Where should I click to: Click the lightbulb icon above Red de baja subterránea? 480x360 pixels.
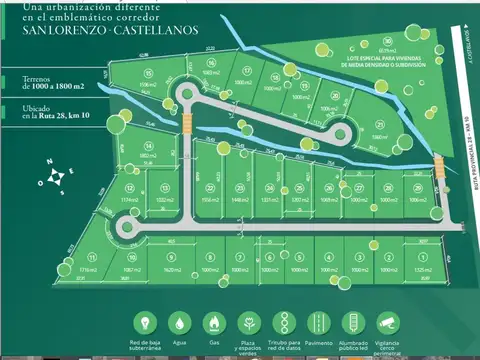(x=148, y=323)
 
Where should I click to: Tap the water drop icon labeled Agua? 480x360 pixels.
(x=180, y=323)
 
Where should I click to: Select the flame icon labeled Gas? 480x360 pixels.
(x=212, y=323)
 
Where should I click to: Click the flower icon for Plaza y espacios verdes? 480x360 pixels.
(x=249, y=323)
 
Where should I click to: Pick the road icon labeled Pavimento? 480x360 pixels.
(x=316, y=323)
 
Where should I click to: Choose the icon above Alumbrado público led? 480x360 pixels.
(x=352, y=323)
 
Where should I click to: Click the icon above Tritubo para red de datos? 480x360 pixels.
(x=283, y=323)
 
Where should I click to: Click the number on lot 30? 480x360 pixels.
(x=386, y=41)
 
